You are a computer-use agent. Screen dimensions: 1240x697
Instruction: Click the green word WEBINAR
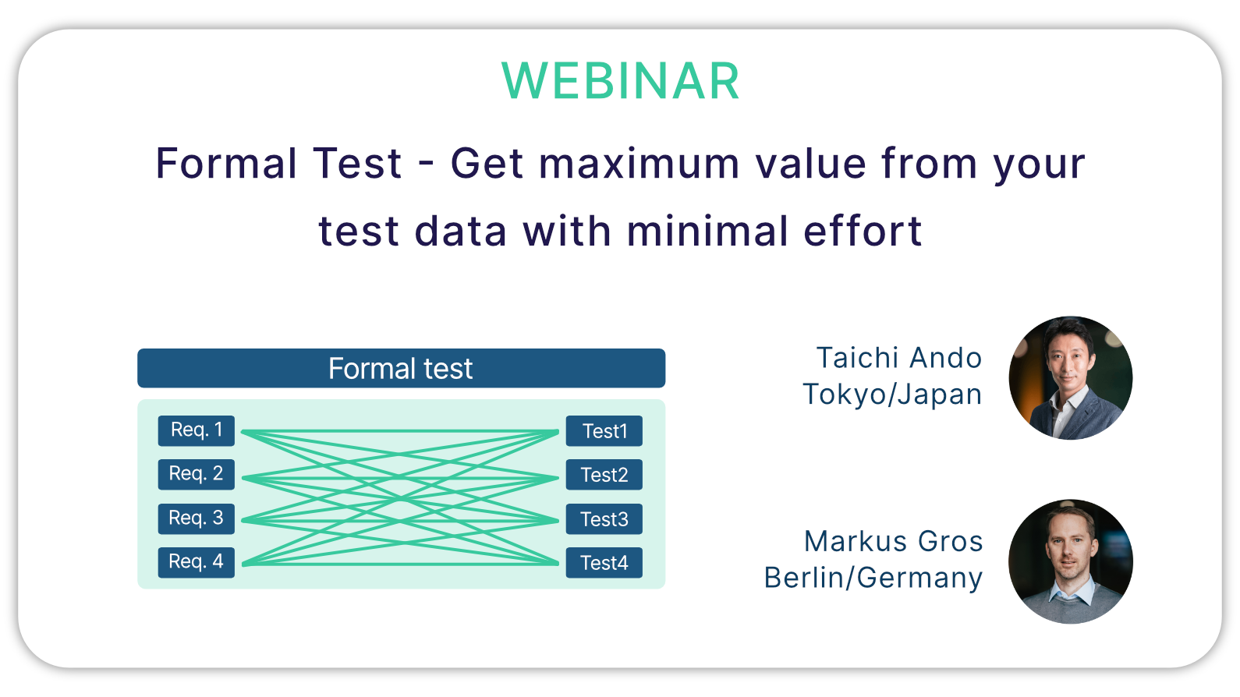click(x=621, y=81)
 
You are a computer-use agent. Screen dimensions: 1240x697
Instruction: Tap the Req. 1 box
click(x=196, y=430)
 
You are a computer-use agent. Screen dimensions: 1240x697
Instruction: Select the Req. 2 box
click(x=196, y=475)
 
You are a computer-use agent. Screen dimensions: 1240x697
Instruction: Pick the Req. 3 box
click(x=196, y=518)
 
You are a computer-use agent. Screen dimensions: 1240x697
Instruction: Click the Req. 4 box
click(x=196, y=562)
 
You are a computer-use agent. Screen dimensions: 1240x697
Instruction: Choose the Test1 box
click(x=604, y=430)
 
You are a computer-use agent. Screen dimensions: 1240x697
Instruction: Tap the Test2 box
click(x=604, y=475)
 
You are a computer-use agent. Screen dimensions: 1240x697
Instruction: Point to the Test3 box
click(x=604, y=518)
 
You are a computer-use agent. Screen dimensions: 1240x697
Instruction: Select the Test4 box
click(x=604, y=562)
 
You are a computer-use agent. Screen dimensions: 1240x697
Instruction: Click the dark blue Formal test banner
click(x=402, y=368)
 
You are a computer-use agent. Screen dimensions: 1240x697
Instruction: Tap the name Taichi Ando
click(x=899, y=358)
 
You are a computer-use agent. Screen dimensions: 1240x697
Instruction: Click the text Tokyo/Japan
click(x=892, y=395)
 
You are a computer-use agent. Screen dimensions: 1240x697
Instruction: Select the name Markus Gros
click(x=893, y=541)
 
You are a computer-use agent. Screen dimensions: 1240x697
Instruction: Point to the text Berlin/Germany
click(x=873, y=578)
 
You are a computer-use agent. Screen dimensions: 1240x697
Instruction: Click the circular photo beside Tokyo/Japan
click(x=1071, y=378)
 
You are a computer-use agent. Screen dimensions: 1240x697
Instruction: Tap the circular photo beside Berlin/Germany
click(x=1071, y=561)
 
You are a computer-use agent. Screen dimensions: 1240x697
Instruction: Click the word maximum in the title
click(x=639, y=164)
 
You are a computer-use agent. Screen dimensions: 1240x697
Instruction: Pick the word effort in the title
click(x=863, y=230)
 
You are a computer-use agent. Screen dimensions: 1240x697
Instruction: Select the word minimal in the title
click(x=707, y=230)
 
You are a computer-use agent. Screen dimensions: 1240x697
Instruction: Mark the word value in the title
click(x=810, y=164)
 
